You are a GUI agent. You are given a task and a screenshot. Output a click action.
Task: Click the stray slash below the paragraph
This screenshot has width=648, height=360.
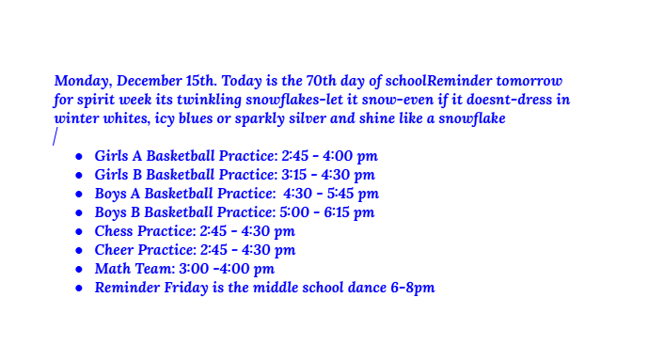[55, 137]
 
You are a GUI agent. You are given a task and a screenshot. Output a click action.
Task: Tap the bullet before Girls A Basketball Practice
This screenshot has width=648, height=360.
[79, 156]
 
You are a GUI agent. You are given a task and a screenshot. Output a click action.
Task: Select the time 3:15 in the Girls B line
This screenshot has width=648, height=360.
[294, 175]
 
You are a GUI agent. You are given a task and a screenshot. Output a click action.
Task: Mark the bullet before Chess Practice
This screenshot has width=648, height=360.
[79, 231]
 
